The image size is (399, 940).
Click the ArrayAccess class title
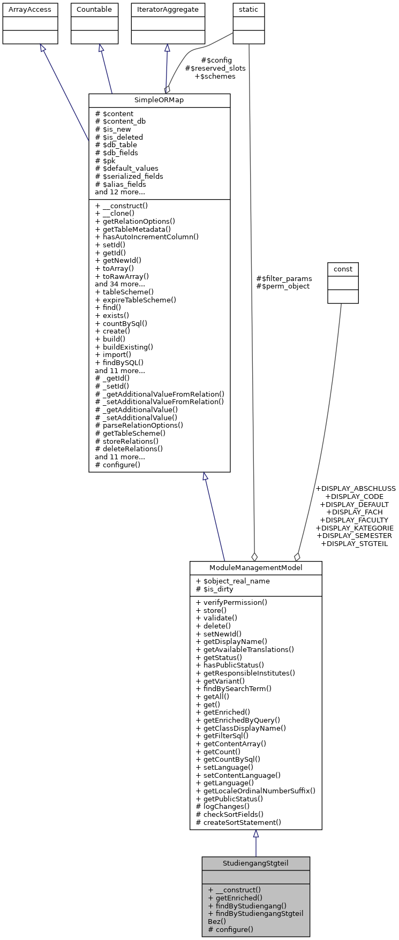(x=30, y=10)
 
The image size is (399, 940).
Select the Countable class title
(x=94, y=10)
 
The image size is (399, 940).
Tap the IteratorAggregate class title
(x=168, y=10)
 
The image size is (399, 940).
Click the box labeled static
(x=249, y=10)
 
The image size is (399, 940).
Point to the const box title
(x=343, y=268)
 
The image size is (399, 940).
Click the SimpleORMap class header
(x=159, y=101)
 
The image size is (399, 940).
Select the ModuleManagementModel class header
(x=255, y=568)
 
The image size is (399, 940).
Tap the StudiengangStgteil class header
(x=255, y=863)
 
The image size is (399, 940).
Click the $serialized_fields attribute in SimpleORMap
(x=129, y=176)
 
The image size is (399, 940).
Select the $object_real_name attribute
(x=233, y=581)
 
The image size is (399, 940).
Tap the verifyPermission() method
(x=231, y=602)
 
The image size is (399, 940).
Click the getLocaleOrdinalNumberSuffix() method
(x=255, y=791)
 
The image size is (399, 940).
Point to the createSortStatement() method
(x=238, y=822)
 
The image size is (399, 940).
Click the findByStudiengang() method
(x=240, y=906)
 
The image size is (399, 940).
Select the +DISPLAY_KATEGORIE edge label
(x=355, y=528)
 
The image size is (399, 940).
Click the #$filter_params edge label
(x=284, y=278)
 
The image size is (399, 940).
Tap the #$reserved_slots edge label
(x=215, y=69)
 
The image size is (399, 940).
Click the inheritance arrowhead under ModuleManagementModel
(x=256, y=834)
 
